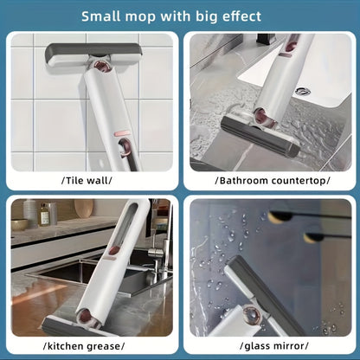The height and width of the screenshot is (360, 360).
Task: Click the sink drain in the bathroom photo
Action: [x=301, y=91]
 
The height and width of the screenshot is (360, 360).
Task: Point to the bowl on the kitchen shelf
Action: [x=20, y=224]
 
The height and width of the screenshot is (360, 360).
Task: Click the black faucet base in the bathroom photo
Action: [x=266, y=40]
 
